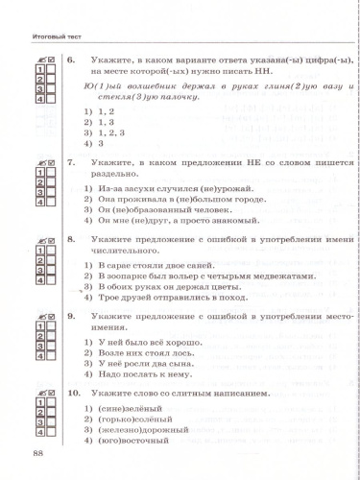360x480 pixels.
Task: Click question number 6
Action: (x=71, y=60)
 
